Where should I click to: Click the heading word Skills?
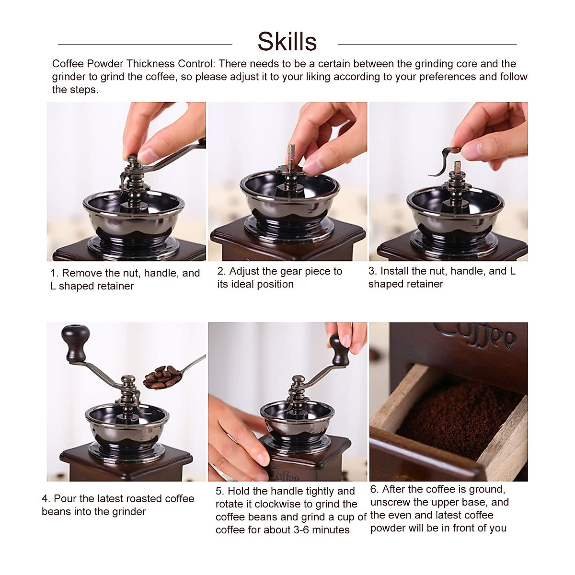coord(287,42)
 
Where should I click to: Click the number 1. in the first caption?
coord(54,273)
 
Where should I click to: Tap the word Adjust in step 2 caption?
coord(244,271)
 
